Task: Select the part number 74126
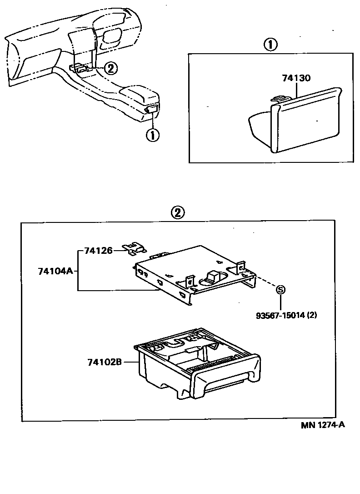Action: coord(99,250)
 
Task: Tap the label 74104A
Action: coord(55,271)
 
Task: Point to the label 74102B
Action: coord(105,362)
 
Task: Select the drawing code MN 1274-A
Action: coord(322,425)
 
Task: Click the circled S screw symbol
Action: coord(280,290)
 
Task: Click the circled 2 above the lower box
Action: coord(178,213)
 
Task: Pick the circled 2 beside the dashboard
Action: coord(110,68)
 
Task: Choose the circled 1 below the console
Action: coord(152,135)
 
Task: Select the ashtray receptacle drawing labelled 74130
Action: coord(295,121)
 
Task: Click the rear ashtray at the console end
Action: coord(151,109)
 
